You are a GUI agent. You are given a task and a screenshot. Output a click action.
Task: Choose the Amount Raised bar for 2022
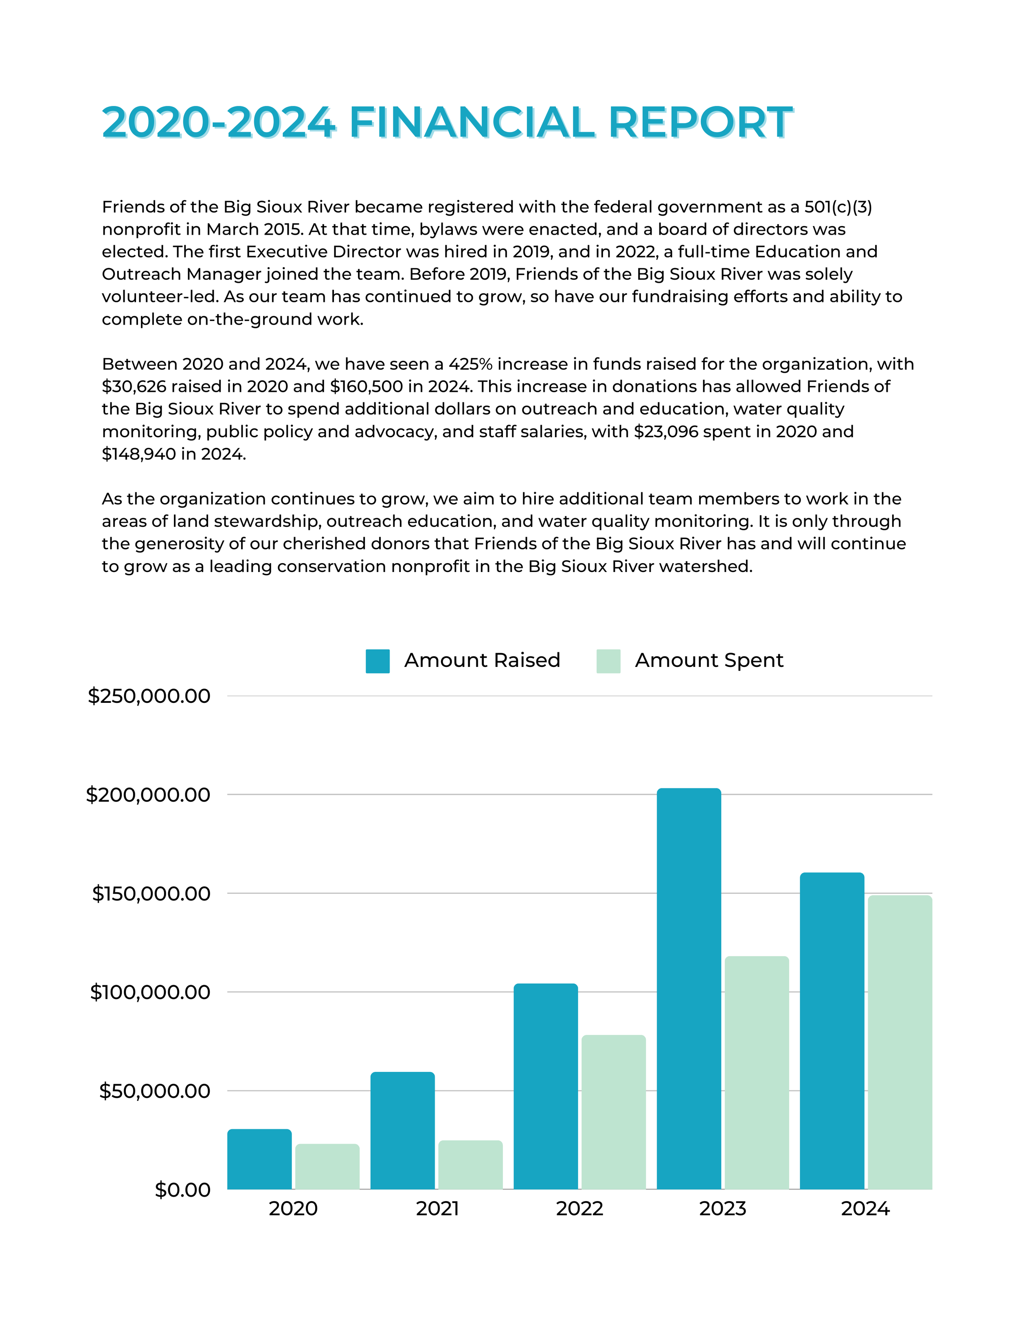(x=546, y=1086)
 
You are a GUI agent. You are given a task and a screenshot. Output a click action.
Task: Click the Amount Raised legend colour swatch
(x=377, y=661)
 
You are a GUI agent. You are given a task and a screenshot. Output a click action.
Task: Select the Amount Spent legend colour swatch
(x=608, y=661)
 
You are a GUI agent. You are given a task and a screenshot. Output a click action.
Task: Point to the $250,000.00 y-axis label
(x=149, y=696)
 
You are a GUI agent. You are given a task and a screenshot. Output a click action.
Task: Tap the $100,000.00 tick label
(x=149, y=992)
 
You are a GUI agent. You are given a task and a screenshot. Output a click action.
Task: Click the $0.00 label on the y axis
(x=182, y=1189)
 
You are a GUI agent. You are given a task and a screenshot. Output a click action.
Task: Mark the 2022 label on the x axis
(x=579, y=1209)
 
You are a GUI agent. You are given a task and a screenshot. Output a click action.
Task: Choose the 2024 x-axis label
(x=865, y=1209)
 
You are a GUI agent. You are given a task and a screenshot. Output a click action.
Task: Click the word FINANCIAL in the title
(x=472, y=123)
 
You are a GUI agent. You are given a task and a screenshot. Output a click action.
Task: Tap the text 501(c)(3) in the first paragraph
(x=838, y=207)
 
